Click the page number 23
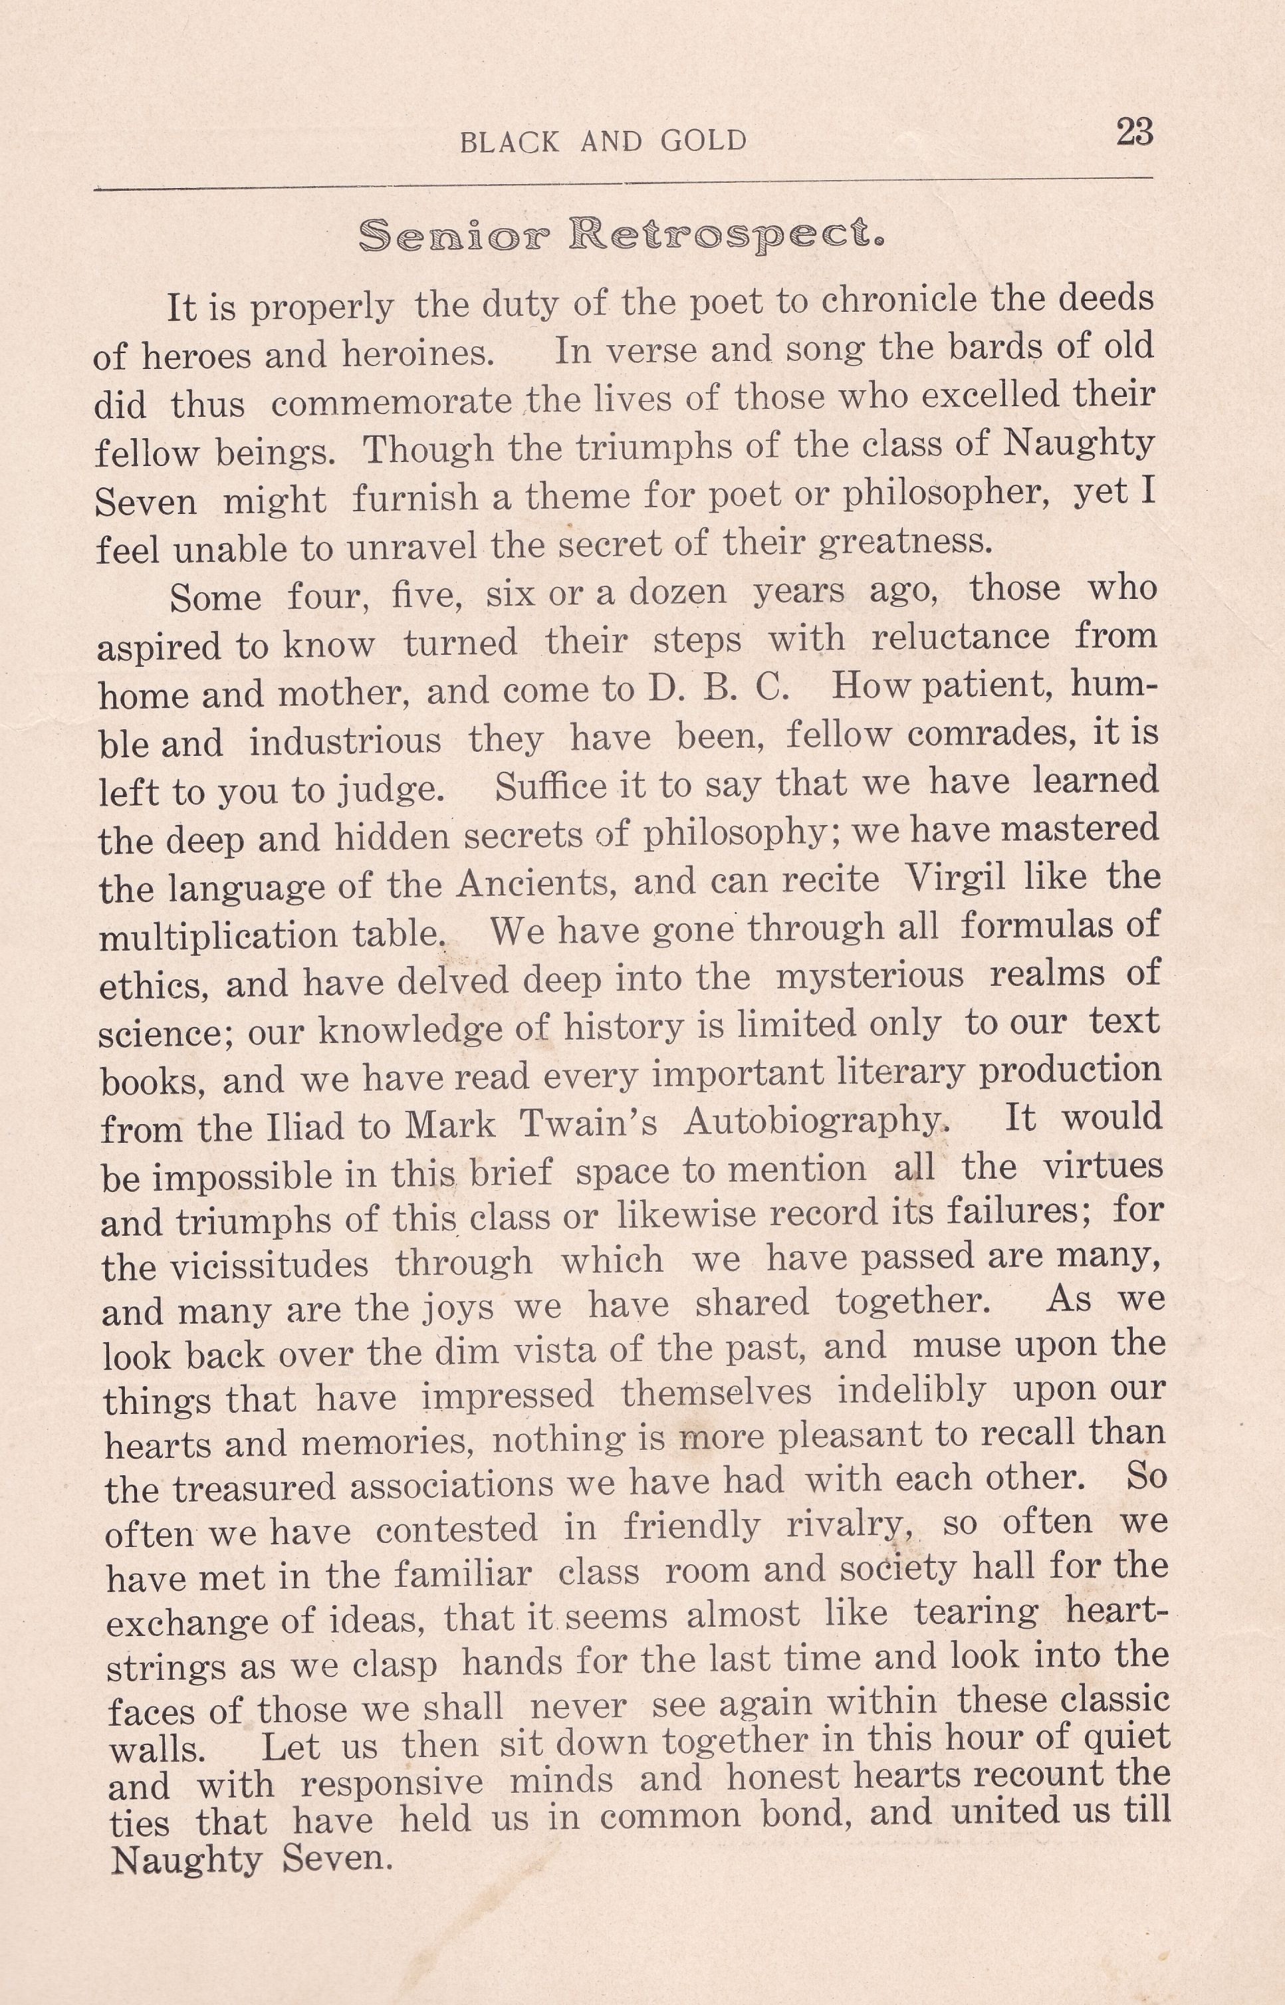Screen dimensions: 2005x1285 click(x=1134, y=133)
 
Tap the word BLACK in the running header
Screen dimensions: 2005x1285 click(x=510, y=142)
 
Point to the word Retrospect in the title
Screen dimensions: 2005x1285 click(x=727, y=236)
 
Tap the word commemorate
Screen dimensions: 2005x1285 click(x=392, y=403)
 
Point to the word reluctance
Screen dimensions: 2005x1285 click(x=959, y=638)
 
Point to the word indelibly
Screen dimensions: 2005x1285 click(x=911, y=1391)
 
